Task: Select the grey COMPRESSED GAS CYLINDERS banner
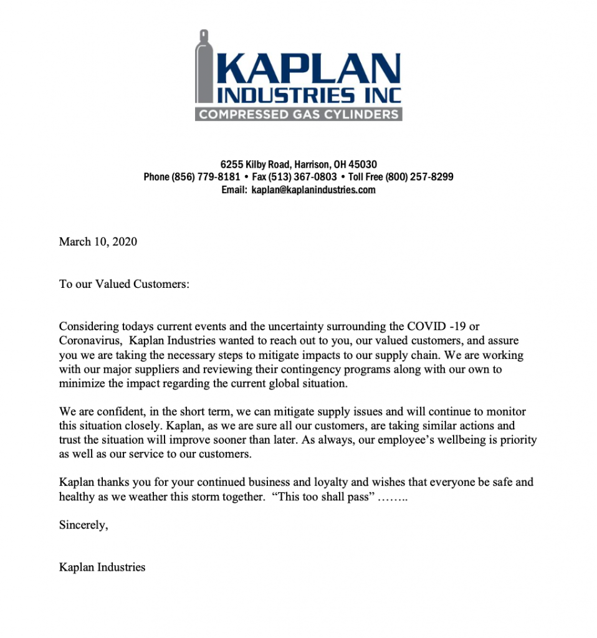pyautogui.click(x=298, y=115)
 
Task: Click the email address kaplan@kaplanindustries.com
pyautogui.click(x=313, y=189)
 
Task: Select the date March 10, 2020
pyautogui.click(x=98, y=242)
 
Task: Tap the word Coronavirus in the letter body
pyautogui.click(x=92, y=341)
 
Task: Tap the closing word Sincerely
pyautogui.click(x=84, y=525)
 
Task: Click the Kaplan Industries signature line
pyautogui.click(x=102, y=567)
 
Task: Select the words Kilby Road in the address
pyautogui.click(x=268, y=165)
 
